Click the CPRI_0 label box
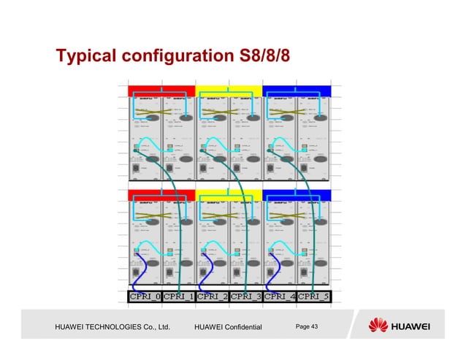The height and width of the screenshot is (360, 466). [x=145, y=296]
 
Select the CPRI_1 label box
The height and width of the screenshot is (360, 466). [x=178, y=296]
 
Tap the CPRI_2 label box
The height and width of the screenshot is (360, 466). [x=213, y=296]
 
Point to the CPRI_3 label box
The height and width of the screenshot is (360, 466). [x=245, y=296]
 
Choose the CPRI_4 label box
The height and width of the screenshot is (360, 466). [x=280, y=296]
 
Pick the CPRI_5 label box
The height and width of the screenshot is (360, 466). [x=313, y=296]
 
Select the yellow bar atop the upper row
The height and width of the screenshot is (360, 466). [x=229, y=91]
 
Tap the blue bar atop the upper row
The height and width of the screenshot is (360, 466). [x=297, y=91]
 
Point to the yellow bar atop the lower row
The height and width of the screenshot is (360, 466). [x=229, y=194]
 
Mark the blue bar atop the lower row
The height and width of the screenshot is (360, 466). [x=297, y=194]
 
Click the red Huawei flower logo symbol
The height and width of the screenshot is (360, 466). [x=379, y=325]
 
